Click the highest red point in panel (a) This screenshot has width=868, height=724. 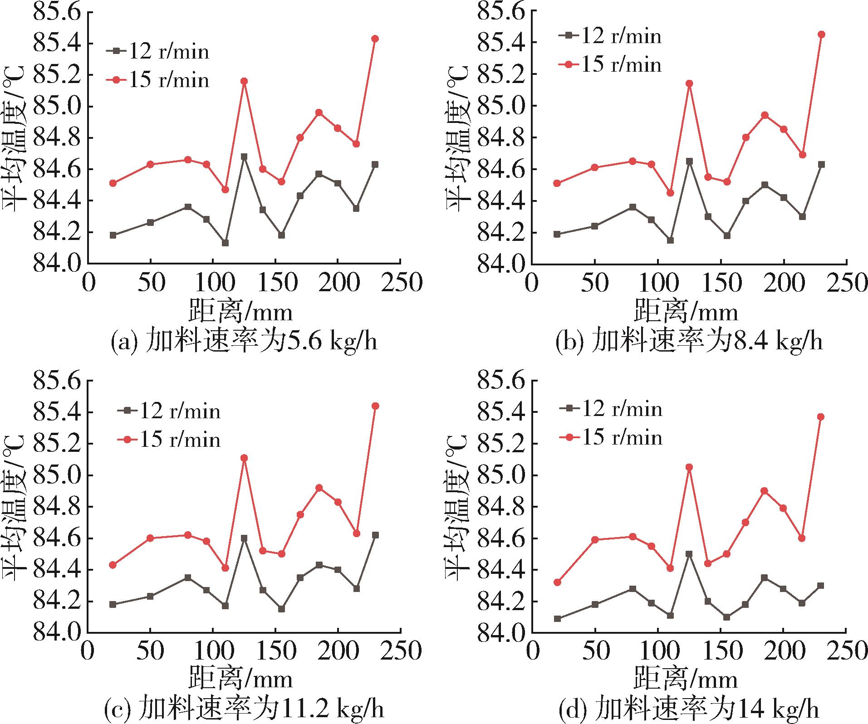375,39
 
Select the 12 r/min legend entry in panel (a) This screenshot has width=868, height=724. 158,51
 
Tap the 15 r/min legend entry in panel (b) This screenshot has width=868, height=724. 610,64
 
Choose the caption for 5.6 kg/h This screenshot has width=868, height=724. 244,341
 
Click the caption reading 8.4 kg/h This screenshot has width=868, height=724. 689,341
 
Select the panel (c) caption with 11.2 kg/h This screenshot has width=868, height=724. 244,709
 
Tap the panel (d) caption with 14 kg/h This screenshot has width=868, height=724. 689,709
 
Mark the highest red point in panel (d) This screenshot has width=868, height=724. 820,417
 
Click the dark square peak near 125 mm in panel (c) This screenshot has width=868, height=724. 244,538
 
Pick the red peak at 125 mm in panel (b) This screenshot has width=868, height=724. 690,83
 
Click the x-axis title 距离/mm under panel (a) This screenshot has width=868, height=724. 240,312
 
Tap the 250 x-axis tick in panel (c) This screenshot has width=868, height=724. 400,651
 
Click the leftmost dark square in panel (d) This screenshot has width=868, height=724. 558,618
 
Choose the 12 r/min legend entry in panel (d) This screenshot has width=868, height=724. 611,409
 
